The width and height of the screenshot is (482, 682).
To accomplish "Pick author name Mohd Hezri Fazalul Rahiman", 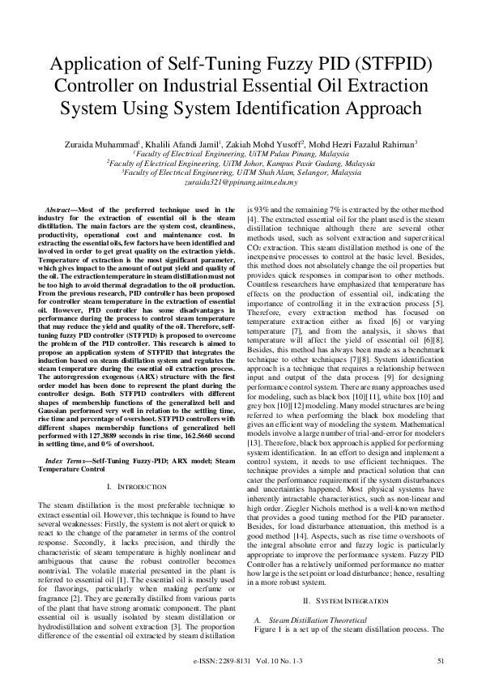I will [359, 143].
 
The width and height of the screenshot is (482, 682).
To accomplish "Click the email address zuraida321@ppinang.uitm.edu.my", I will [241, 184].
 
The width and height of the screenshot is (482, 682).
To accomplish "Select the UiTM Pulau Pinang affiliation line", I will [241, 153].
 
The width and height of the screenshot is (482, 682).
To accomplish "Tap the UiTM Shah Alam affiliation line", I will [241, 173].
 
